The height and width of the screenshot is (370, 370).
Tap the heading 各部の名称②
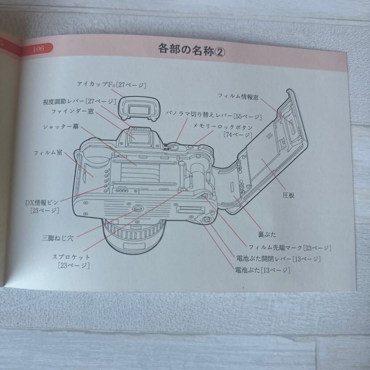coord(191,49)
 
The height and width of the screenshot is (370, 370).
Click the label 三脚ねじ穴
coord(58,238)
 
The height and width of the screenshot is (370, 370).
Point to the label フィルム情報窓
coord(238,97)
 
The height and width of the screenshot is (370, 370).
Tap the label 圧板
coord(288,195)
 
